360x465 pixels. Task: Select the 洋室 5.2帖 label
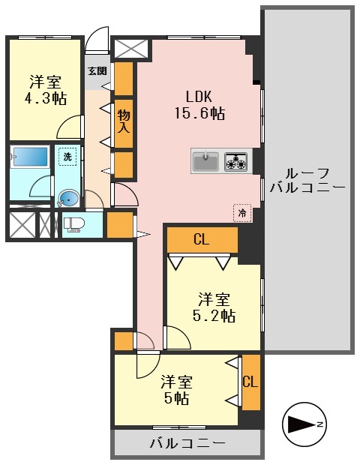[213, 306]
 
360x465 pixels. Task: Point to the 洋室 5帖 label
[178, 388]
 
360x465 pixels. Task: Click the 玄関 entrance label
[97, 72]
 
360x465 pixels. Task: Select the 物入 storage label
[124, 121]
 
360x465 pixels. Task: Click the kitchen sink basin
[205, 161]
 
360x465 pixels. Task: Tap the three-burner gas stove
[235, 161]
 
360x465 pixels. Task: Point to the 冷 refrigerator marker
[242, 212]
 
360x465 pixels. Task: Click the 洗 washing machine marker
[67, 157]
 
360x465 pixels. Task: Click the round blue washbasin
[67, 199]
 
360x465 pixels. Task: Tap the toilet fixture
[73, 224]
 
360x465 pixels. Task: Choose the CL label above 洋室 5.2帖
[200, 240]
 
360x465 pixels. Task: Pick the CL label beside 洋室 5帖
[250, 382]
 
